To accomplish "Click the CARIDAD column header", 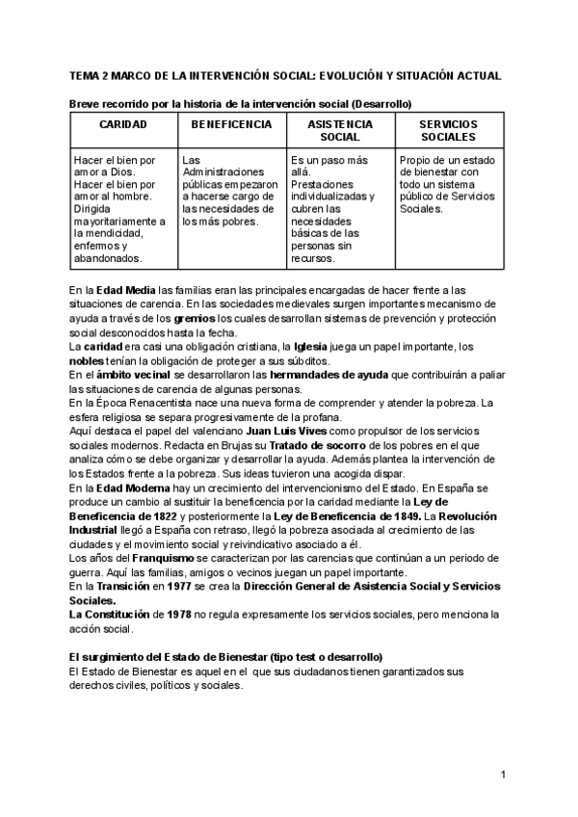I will (122, 124).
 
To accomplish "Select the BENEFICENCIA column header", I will (231, 124).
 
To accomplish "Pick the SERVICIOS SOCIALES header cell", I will (449, 131).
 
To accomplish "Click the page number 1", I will (503, 776).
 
